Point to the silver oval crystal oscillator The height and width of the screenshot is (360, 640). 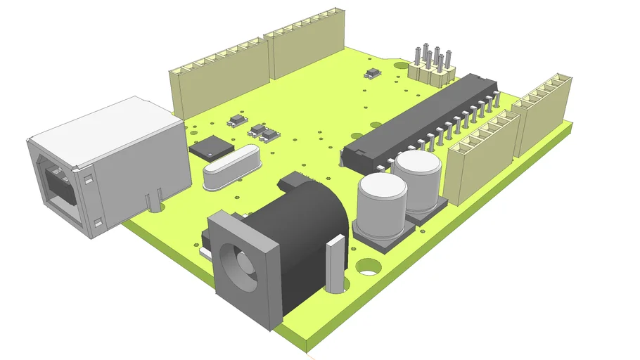point(231,170)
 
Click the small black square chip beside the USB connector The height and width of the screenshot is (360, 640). point(211,147)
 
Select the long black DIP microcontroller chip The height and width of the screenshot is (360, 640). point(422,120)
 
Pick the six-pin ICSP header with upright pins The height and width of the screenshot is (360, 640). point(430,65)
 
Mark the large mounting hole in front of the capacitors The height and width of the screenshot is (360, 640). point(367,267)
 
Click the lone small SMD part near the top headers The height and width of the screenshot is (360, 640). point(373,72)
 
